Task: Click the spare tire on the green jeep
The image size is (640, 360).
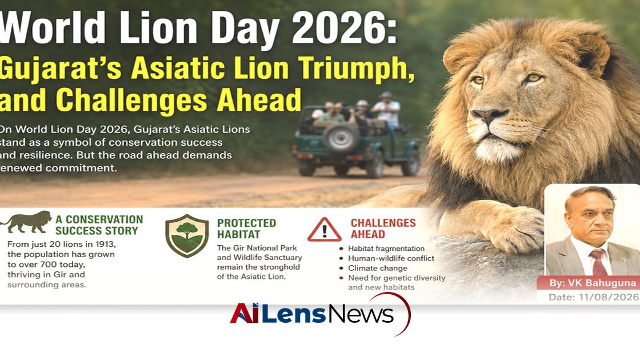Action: tap(341, 138)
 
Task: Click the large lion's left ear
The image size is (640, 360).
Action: tap(591, 53)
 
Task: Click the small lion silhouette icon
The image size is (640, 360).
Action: tap(26, 222)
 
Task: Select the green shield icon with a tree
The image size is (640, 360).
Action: tap(187, 235)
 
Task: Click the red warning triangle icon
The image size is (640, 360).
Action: tap(325, 230)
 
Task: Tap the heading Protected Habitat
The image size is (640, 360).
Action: tap(246, 229)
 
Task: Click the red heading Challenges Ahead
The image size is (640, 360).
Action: tap(383, 229)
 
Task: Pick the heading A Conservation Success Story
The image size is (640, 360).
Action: tap(99, 225)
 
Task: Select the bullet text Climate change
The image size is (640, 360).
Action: tap(378, 268)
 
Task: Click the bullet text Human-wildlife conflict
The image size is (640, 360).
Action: tap(391, 258)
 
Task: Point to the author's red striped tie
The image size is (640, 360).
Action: tap(598, 262)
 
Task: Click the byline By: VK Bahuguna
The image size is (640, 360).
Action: tap(593, 283)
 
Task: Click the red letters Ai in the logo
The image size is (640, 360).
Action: tap(244, 314)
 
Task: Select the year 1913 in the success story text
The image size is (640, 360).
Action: tap(105, 244)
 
